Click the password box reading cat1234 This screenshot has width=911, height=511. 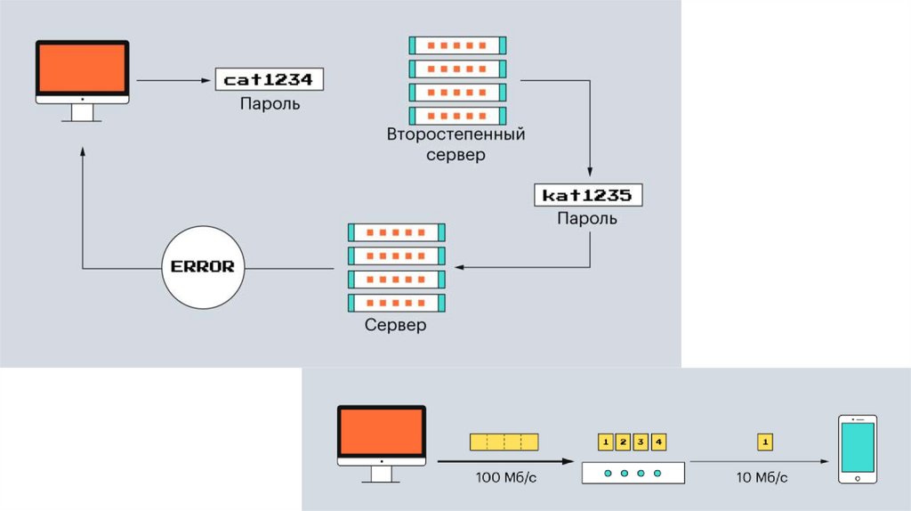coord(269,79)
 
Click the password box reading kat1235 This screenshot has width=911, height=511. coord(588,195)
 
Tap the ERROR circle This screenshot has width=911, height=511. coord(203,266)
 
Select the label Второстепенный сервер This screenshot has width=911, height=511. coord(455,144)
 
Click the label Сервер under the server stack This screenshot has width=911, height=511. coord(395,325)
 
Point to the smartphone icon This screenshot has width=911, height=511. coord(857,450)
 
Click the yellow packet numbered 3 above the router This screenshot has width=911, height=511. coord(641,441)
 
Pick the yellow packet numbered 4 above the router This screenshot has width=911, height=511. coord(658,441)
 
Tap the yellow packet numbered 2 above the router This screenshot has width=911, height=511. coord(624,441)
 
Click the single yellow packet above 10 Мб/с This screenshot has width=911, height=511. coord(764,441)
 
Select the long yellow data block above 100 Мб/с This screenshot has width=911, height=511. coord(504,441)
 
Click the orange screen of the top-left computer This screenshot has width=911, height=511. coord(81,69)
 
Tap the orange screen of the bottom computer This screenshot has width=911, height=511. coord(381,434)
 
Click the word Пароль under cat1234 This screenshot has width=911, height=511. coord(270,103)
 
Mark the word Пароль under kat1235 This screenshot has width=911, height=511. coord(586,218)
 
